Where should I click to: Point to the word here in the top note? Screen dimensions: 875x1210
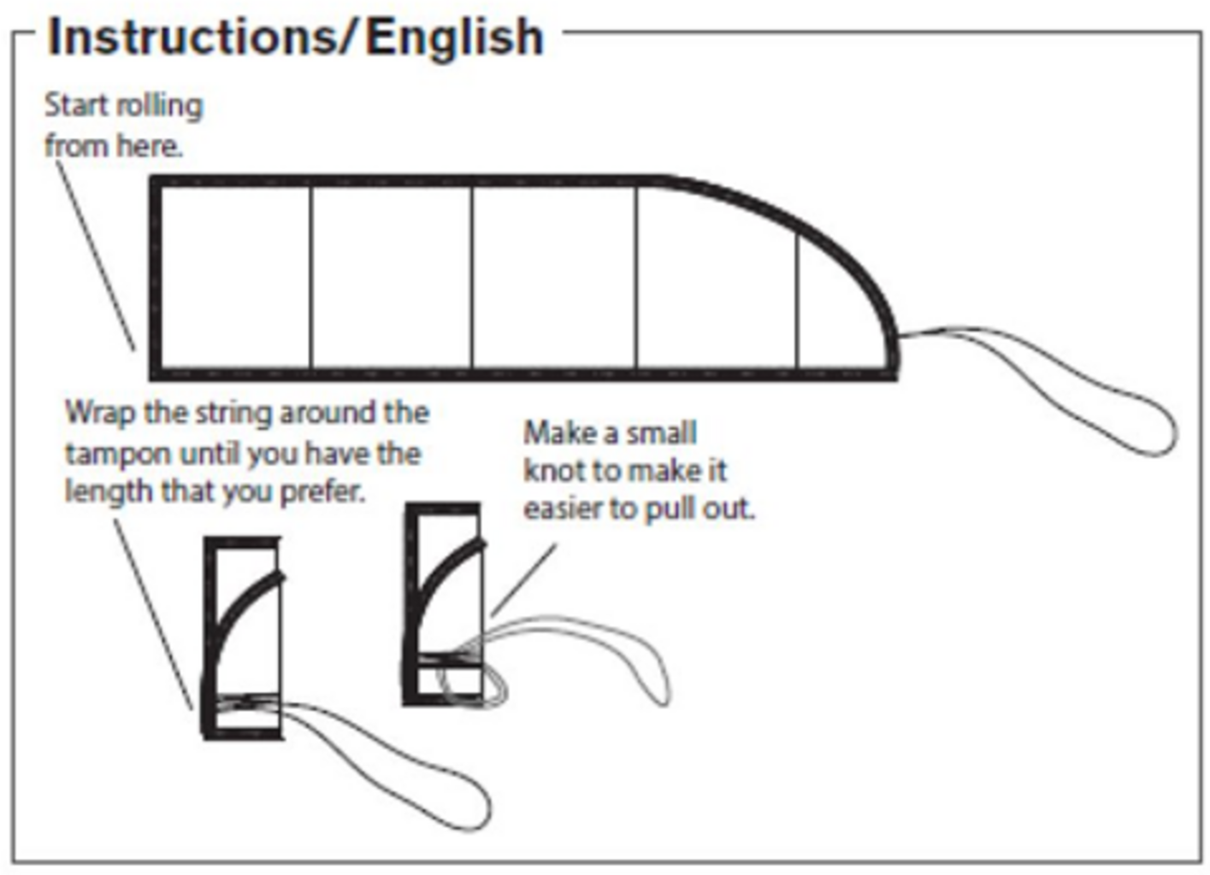tap(149, 146)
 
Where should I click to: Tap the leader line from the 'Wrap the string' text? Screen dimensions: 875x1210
tap(154, 615)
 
